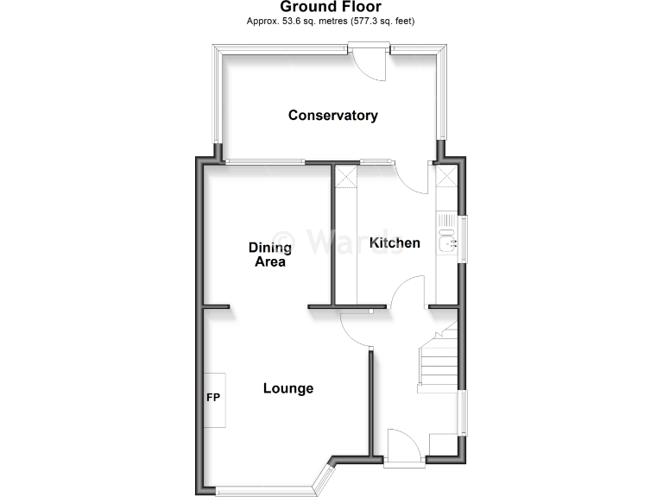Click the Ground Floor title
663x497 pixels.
coord(331,7)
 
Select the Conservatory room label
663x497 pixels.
coord(332,115)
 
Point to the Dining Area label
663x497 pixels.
coord(269,255)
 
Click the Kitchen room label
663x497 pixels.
coord(395,242)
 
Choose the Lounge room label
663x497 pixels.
coord(287,388)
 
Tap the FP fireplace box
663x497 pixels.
coord(214,399)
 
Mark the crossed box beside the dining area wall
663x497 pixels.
coord(346,178)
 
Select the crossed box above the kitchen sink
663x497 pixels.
coord(446,178)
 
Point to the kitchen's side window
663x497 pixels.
coord(464,238)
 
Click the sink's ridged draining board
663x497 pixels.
coord(446,223)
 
